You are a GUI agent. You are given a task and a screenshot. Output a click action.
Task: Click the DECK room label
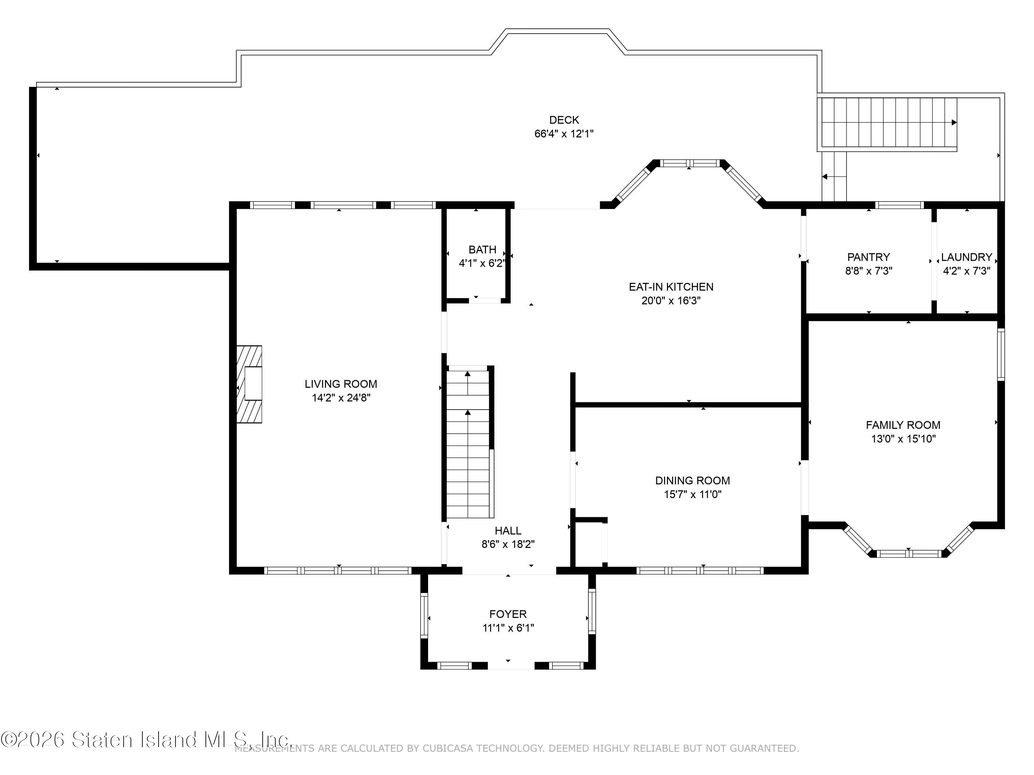tap(564, 120)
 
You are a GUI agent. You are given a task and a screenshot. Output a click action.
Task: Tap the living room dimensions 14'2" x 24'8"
tap(341, 397)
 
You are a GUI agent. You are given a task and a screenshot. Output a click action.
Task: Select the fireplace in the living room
tap(249, 384)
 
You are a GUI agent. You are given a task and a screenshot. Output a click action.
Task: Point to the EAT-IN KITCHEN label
tap(671, 287)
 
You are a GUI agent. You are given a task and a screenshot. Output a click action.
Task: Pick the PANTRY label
tap(869, 257)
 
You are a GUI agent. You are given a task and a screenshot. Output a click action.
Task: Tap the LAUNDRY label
tap(966, 257)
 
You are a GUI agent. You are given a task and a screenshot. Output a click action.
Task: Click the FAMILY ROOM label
tap(903, 425)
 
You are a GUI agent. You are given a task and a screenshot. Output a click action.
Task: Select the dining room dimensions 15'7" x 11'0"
tap(693, 494)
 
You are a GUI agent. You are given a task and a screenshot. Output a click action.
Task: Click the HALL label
tap(508, 531)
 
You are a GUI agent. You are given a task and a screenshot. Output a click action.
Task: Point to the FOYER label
tap(508, 614)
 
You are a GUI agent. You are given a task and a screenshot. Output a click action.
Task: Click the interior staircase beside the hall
tap(468, 442)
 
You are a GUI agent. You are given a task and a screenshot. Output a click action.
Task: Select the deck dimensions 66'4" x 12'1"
tap(564, 134)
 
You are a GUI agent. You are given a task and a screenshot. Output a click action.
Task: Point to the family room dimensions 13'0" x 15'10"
tap(903, 439)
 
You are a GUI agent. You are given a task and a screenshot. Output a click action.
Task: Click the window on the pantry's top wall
tap(899, 205)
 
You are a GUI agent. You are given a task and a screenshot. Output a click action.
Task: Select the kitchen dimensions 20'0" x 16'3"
tap(671, 300)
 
